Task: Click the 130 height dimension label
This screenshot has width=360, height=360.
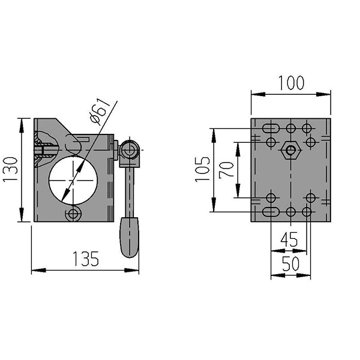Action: coord(10,169)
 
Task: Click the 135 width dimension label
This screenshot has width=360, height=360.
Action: coord(86,259)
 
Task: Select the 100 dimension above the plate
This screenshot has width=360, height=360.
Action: coord(291,82)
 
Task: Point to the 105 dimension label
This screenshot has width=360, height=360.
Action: coord(203,169)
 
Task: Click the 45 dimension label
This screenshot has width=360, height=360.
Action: coord(289,239)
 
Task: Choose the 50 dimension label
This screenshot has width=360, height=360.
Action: coord(290,263)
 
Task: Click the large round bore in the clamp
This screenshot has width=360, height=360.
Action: coord(73,181)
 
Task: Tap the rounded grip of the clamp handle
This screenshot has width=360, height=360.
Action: coord(130,237)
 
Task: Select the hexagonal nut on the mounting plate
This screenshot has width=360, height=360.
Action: coord(290,151)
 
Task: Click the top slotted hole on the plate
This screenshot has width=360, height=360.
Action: coord(271,128)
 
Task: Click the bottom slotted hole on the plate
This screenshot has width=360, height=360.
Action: coord(271,212)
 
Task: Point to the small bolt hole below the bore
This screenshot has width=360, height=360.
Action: coord(73,214)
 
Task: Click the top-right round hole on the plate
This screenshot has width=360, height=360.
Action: coord(307,128)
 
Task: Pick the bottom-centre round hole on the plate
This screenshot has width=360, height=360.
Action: coord(290,212)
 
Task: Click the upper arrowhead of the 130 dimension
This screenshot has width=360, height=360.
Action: coord(22,125)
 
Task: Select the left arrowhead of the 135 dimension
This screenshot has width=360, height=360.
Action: coord(38,270)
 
